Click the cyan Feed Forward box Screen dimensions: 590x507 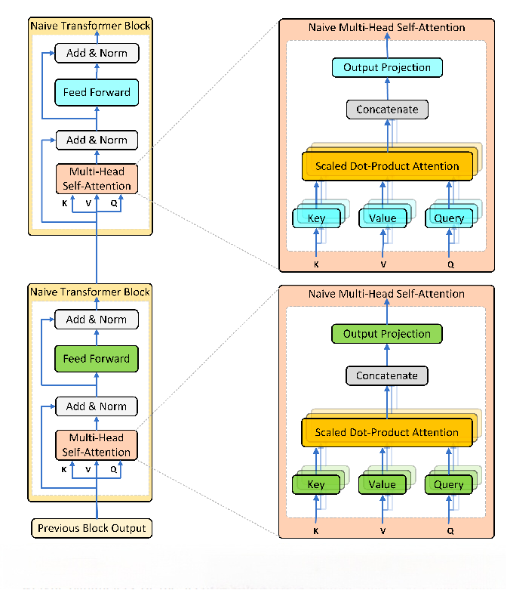click(x=97, y=92)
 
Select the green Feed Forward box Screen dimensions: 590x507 click(x=97, y=359)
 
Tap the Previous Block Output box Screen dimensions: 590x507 click(x=91, y=527)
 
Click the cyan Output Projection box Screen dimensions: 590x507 click(x=387, y=68)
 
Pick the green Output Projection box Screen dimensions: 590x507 click(x=387, y=334)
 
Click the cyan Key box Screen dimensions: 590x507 click(x=316, y=218)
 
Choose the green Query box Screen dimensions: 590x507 click(x=449, y=484)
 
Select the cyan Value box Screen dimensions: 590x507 click(x=383, y=218)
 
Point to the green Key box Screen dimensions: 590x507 click(x=316, y=484)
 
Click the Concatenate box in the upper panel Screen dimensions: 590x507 click(x=387, y=110)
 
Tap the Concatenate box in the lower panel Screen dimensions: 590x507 click(x=387, y=375)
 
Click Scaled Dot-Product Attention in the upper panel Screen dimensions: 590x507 click(x=387, y=166)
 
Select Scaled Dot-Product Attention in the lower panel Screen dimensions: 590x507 click(x=387, y=432)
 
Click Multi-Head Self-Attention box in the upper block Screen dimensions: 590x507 click(x=97, y=179)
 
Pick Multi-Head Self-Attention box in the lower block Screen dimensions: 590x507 click(x=97, y=445)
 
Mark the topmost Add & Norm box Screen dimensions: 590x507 click(x=97, y=53)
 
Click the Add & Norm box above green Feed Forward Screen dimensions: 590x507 click(x=97, y=319)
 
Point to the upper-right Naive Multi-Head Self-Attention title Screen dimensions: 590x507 click(x=387, y=27)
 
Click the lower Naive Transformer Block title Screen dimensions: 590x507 click(x=91, y=292)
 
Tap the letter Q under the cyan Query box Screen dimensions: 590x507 click(x=450, y=264)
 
